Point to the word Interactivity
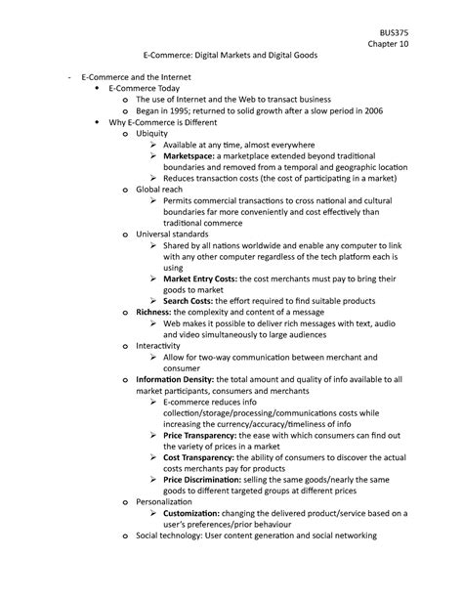[164, 347]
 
